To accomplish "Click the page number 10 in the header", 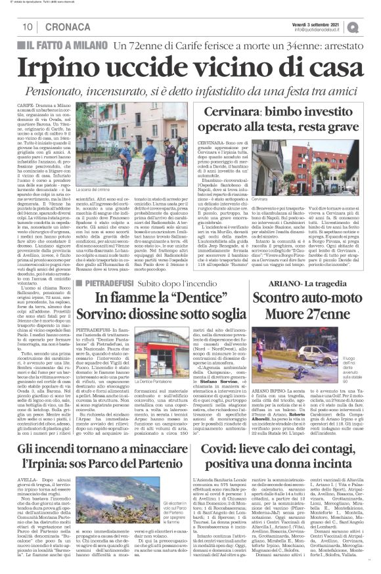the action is (x=28, y=26).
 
